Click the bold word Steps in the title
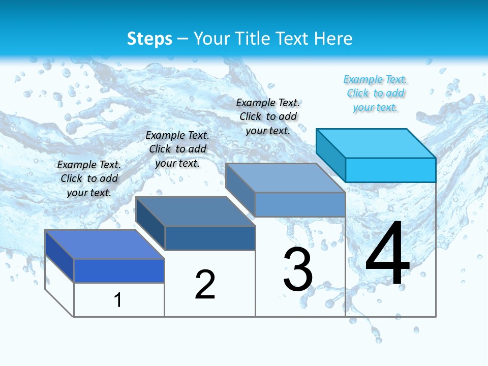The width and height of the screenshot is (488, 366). [x=149, y=39]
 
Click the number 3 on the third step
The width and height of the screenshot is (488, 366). [x=298, y=269]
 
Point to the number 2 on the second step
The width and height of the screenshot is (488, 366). [x=205, y=284]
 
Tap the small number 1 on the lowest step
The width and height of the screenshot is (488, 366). [x=118, y=300]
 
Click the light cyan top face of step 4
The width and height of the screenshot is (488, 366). [x=376, y=143]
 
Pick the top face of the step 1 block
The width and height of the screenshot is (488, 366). [x=104, y=245]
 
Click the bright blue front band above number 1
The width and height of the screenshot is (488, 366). [x=119, y=270]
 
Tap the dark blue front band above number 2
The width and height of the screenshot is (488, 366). [x=210, y=238]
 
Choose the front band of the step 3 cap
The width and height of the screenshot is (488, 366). [x=300, y=204]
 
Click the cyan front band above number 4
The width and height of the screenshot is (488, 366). [x=390, y=170]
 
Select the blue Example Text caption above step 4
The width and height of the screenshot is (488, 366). [x=375, y=93]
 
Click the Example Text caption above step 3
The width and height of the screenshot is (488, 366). [x=268, y=116]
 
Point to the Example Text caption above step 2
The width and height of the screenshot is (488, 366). [x=177, y=149]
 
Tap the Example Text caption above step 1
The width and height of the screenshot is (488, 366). [x=89, y=178]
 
